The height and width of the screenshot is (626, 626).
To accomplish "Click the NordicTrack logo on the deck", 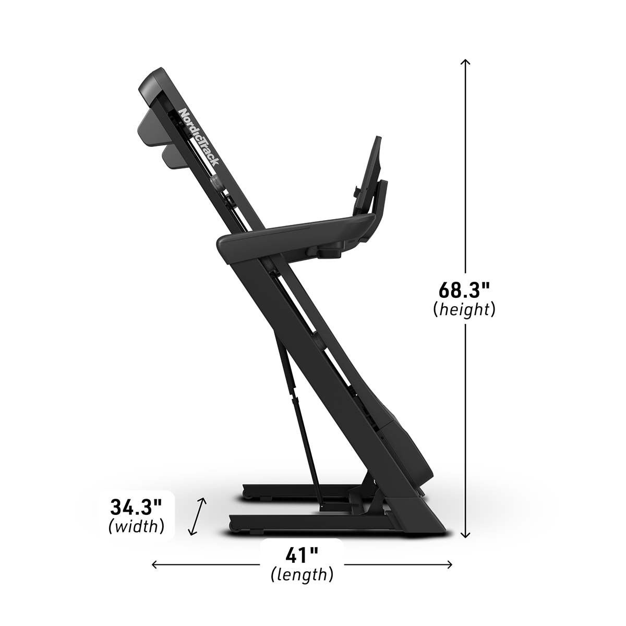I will [x=199, y=137].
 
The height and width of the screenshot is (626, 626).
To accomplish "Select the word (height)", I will [x=464, y=310].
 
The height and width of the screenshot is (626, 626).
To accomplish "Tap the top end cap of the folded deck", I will [x=151, y=83].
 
